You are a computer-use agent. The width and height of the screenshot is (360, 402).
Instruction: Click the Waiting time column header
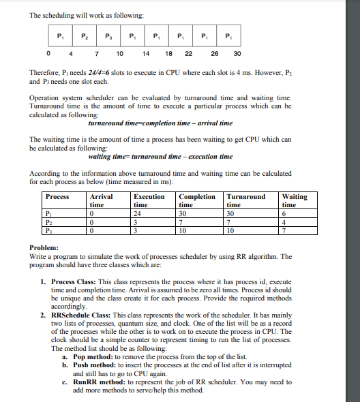[294, 200]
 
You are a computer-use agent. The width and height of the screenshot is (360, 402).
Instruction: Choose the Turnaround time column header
[246, 200]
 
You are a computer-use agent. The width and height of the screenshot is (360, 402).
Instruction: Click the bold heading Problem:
[45, 248]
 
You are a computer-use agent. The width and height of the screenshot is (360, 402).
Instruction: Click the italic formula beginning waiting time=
[160, 156]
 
